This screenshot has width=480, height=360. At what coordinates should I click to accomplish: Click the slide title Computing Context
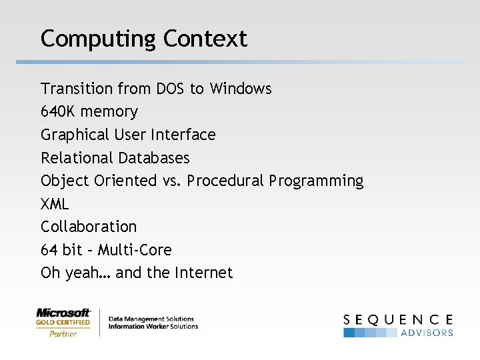143,39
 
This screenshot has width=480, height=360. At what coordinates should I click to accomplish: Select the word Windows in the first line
241,89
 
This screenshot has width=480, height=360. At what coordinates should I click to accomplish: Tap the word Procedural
225,181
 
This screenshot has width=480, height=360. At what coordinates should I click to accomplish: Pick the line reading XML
55,204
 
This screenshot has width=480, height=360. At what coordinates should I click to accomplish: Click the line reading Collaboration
89,227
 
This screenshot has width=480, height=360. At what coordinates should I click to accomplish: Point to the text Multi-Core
135,250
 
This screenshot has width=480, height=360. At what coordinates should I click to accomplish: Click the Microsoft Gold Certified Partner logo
63,323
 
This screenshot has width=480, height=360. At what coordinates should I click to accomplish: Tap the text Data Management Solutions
151,319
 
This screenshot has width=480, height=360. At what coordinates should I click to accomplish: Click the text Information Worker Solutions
153,327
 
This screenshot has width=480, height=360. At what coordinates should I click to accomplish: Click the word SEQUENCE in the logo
398,319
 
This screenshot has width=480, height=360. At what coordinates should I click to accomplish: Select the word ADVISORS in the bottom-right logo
427,333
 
